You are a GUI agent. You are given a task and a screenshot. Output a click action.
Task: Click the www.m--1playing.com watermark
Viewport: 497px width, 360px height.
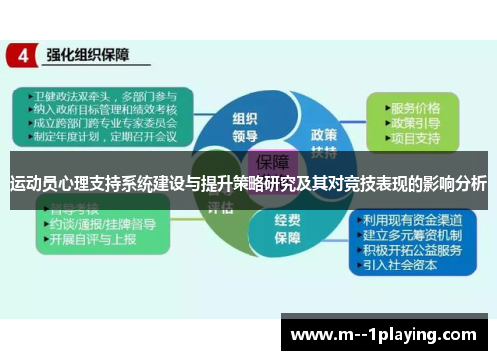(391, 335)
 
